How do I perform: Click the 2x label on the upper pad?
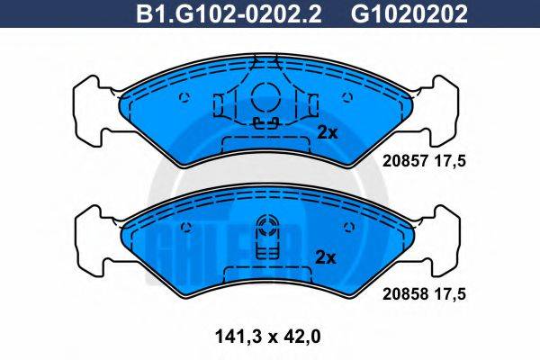coord(327,132)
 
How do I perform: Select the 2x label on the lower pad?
coord(327,257)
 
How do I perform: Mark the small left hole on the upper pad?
coord(184,98)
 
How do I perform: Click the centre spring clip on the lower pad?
coord(267,238)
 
